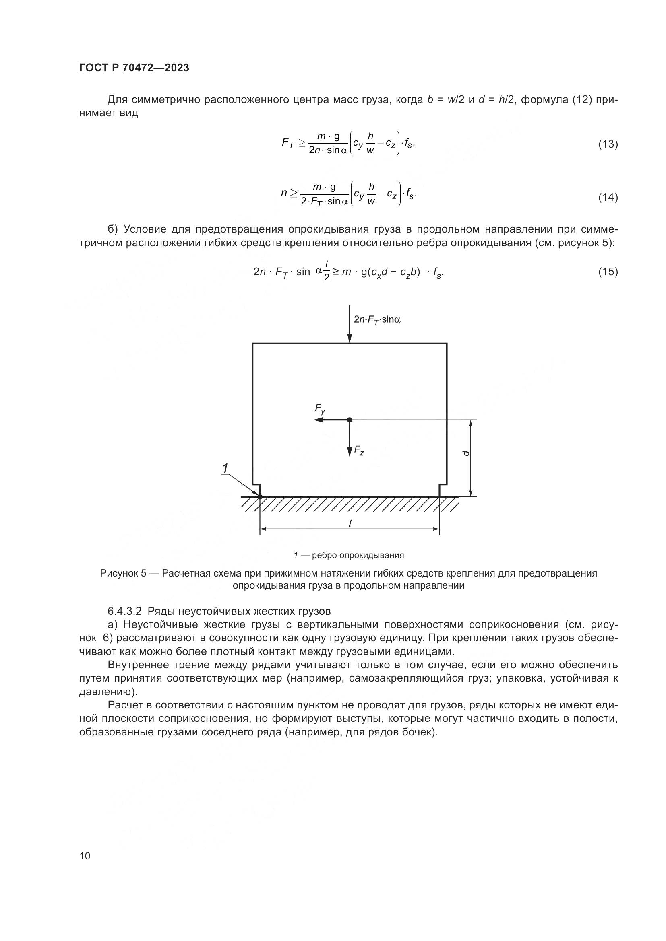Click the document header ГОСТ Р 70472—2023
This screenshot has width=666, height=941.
pyautogui.click(x=134, y=68)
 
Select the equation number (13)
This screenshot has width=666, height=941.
pyautogui.click(x=608, y=144)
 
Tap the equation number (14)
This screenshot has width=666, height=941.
pyautogui.click(x=608, y=198)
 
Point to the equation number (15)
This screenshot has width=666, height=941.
pyautogui.click(x=608, y=272)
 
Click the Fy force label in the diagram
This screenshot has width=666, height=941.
pyautogui.click(x=320, y=409)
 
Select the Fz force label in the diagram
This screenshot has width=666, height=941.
pyautogui.click(x=359, y=451)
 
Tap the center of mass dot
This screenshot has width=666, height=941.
pyautogui.click(x=350, y=420)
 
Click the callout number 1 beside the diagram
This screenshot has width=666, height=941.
pyautogui.click(x=225, y=468)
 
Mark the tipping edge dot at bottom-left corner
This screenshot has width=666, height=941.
pyautogui.click(x=260, y=497)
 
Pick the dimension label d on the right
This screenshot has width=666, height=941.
pyautogui.click(x=466, y=453)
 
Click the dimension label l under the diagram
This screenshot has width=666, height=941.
pyautogui.click(x=350, y=523)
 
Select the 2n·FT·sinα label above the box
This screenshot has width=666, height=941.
pyautogui.click(x=377, y=320)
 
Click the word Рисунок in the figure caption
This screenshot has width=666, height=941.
pyautogui.click(x=119, y=573)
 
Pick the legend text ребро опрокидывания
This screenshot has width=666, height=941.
pyautogui.click(x=358, y=555)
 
